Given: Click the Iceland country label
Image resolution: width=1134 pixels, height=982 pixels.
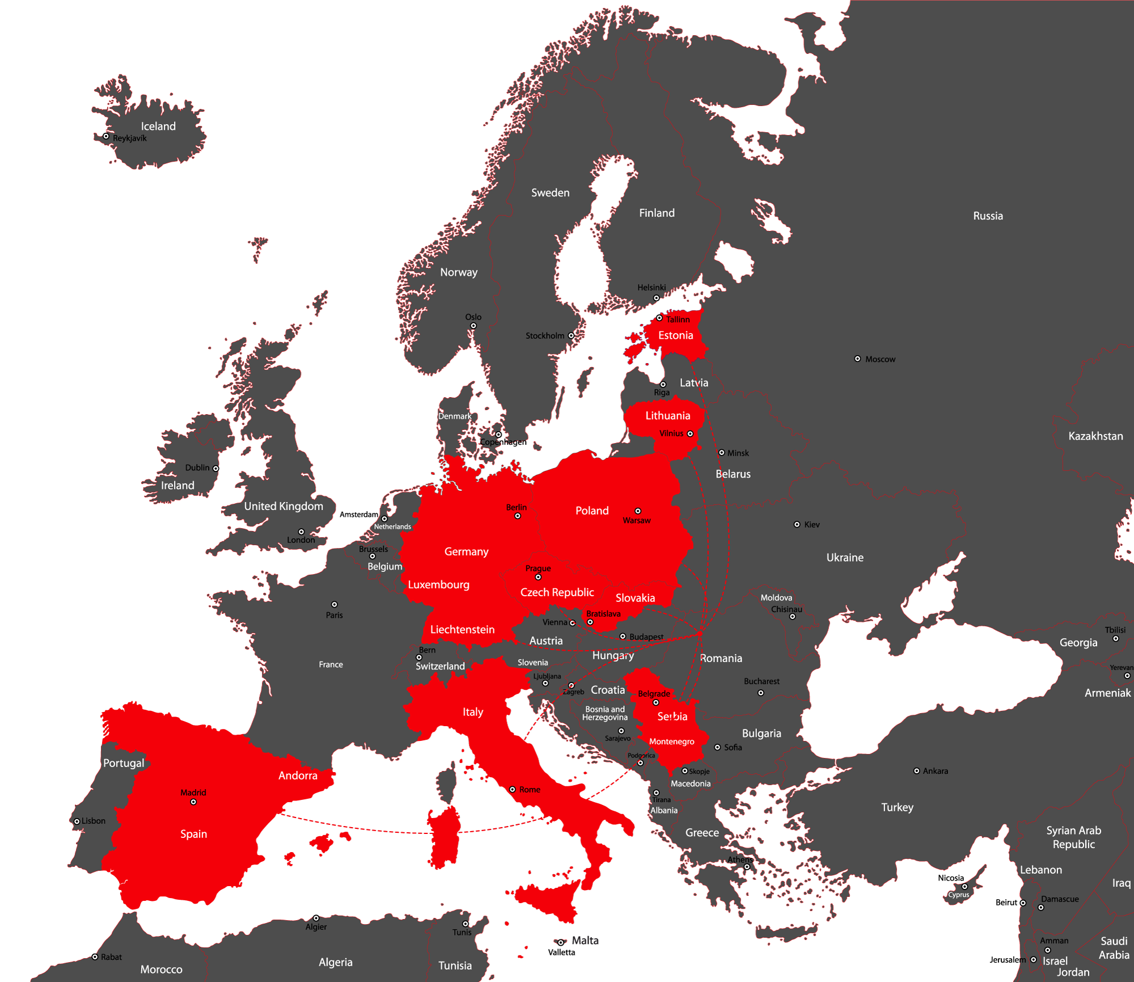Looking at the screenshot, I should tap(158, 127).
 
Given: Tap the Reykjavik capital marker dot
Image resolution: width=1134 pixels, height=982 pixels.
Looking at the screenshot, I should tap(106, 136).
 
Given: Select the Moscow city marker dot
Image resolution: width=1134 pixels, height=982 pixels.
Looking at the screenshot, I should tap(857, 359).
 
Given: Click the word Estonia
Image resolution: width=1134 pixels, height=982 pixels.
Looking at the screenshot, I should tap(675, 335).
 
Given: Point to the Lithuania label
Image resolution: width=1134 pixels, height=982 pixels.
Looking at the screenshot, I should tap(667, 416).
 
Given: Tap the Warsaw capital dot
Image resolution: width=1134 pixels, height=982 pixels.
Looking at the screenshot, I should tap(638, 511).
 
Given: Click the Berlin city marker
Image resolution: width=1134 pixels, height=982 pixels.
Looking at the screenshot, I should tap(518, 516).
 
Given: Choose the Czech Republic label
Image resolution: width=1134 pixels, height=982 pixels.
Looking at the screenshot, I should tap(557, 592).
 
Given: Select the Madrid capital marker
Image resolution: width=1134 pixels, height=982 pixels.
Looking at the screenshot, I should tap(193, 802).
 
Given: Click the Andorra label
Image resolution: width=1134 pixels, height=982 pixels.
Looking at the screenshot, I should tap(298, 776).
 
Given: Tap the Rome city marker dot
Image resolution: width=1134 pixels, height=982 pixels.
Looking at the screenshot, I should tap(512, 789).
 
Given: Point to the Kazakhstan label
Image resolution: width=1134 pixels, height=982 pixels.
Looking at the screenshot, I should tap(1095, 436).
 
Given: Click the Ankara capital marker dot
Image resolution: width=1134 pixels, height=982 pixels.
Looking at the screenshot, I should tap(916, 771).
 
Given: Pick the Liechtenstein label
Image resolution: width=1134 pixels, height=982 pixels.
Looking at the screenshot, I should tap(462, 630).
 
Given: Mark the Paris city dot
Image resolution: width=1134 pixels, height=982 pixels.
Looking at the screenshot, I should tap(335, 605).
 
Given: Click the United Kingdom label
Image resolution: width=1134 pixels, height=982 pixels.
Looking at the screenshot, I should tap(283, 506).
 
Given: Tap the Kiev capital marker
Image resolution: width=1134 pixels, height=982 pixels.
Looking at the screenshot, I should tap(797, 524).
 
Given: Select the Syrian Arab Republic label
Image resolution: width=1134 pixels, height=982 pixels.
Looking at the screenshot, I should tap(1073, 837).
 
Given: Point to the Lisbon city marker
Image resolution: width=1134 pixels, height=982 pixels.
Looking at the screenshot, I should tap(77, 821).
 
